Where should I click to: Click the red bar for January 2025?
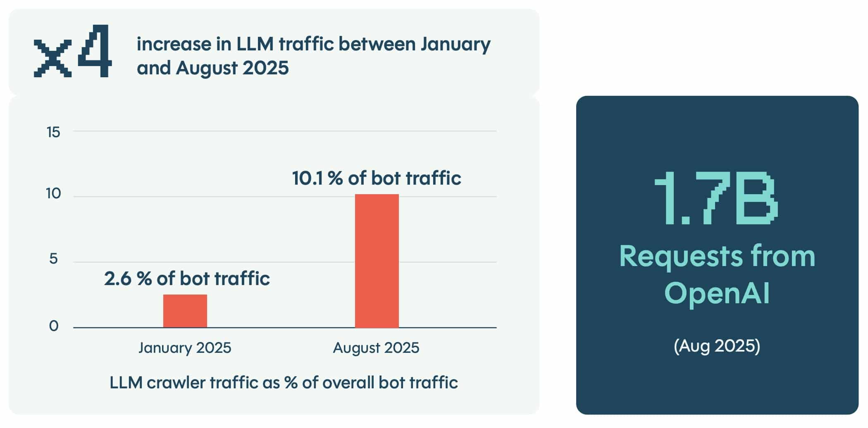(x=185, y=311)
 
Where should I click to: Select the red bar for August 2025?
(x=377, y=261)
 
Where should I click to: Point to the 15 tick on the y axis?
(x=53, y=132)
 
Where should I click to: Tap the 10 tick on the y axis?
(x=53, y=193)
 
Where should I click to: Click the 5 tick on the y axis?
(x=53, y=259)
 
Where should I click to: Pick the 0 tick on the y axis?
(x=53, y=326)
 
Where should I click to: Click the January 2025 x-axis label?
(x=185, y=348)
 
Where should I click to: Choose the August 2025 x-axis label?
(x=376, y=348)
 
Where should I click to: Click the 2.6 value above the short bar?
(x=117, y=279)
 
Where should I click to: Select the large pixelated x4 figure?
(x=73, y=52)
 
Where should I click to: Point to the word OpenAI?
(x=717, y=293)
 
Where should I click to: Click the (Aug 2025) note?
(x=717, y=345)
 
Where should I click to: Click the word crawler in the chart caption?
(x=176, y=383)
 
